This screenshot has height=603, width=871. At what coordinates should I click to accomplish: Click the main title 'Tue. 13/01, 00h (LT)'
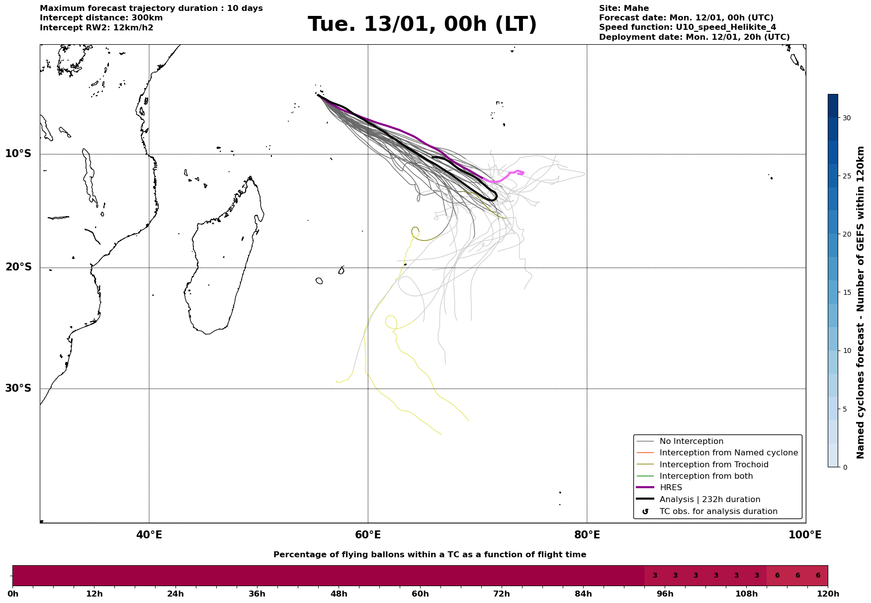pyautogui.click(x=422, y=24)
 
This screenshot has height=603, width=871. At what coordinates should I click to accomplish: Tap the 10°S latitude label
pyautogui.click(x=18, y=154)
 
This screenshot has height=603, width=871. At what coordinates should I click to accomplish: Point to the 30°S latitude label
pyautogui.click(x=18, y=388)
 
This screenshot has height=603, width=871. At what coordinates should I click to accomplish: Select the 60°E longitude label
pyautogui.click(x=368, y=535)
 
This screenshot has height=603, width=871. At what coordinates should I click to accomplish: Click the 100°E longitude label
pyautogui.click(x=805, y=535)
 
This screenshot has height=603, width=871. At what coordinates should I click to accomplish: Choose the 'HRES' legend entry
pyautogui.click(x=671, y=488)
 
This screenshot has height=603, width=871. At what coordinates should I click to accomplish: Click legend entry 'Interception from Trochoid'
pyautogui.click(x=713, y=465)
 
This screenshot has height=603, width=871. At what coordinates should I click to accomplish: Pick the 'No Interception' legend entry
pyautogui.click(x=691, y=441)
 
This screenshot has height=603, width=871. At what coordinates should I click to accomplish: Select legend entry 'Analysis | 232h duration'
pyautogui.click(x=709, y=500)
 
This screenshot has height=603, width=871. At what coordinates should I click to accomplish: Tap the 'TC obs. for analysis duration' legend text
pyautogui.click(x=718, y=512)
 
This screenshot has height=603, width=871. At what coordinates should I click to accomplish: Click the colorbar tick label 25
pyautogui.click(x=846, y=176)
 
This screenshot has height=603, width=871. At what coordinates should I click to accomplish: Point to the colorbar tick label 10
pyautogui.click(x=846, y=350)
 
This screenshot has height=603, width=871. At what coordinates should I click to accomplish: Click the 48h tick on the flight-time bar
pyautogui.click(x=339, y=594)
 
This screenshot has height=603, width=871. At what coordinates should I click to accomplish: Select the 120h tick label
pyautogui.click(x=828, y=594)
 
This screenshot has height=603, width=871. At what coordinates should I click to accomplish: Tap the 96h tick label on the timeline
pyautogui.click(x=665, y=594)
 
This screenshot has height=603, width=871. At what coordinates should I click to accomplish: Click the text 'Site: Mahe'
pyautogui.click(x=623, y=8)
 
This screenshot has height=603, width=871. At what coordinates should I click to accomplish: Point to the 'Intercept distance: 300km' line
pyautogui.click(x=101, y=18)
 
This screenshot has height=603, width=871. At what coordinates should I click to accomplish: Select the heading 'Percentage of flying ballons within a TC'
pyautogui.click(x=430, y=555)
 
